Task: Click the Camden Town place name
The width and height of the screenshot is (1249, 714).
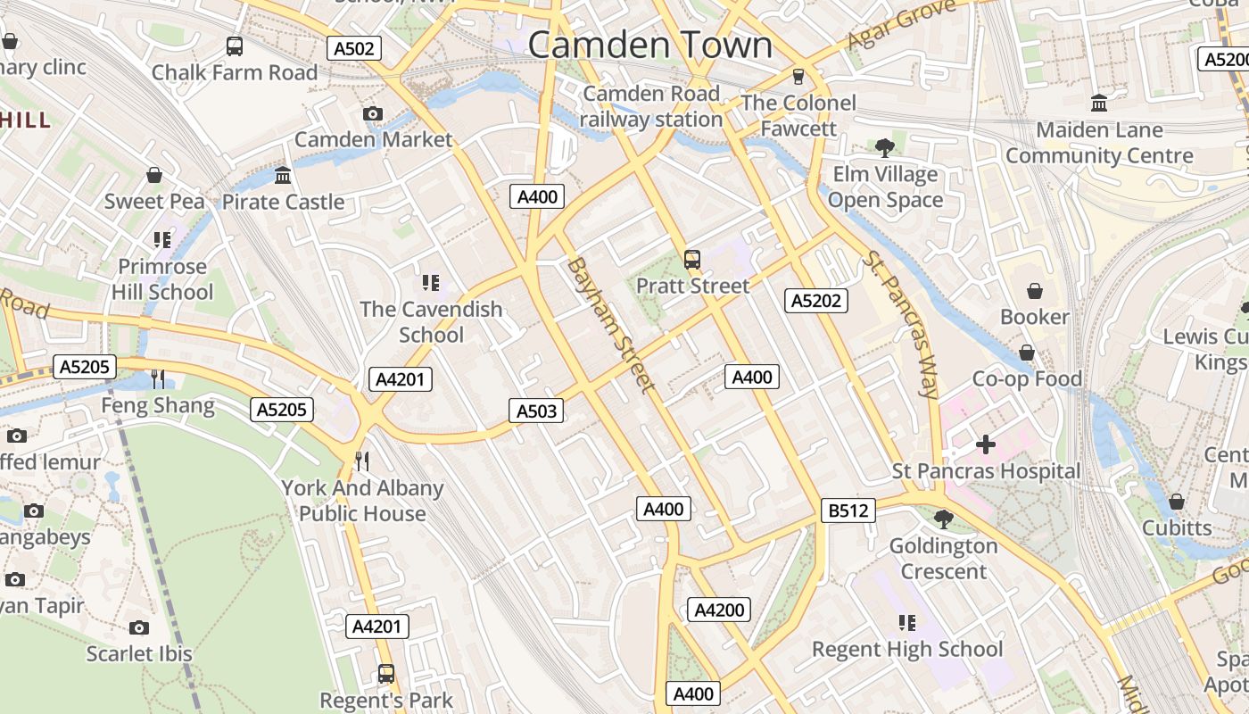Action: coord(649,45)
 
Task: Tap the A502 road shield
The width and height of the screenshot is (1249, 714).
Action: coord(354,48)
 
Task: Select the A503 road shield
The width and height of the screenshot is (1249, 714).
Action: coord(536,411)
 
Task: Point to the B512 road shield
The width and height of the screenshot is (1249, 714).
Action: coord(848,511)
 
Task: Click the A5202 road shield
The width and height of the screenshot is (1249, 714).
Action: coord(816,301)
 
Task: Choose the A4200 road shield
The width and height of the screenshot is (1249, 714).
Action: coord(719,610)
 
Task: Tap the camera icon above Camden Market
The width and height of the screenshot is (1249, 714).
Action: coord(373,113)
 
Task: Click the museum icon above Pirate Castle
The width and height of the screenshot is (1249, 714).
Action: coord(283,175)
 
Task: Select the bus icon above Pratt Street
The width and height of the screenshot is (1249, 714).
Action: coord(692,260)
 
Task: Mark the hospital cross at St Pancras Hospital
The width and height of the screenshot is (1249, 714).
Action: coord(986,444)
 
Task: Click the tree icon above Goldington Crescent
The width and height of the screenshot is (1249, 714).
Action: coord(943,519)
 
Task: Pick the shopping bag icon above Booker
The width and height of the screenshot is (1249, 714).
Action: coord(1035,291)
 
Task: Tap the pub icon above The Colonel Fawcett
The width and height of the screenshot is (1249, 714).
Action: coord(798,77)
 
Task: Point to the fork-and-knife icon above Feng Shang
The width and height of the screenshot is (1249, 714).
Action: coord(158,379)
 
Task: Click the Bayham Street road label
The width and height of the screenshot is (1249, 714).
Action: coord(611,325)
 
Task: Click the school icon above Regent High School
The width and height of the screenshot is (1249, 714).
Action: coord(907,622)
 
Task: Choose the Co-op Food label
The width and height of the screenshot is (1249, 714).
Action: coord(1027,379)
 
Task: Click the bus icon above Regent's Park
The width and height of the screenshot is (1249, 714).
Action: coord(386,674)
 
